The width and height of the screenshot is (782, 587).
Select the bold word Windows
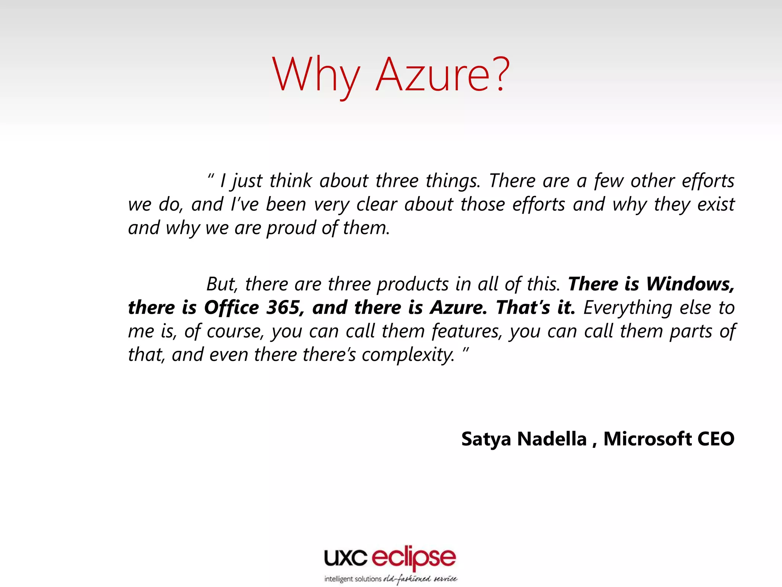(x=690, y=284)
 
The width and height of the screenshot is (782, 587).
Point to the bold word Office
(x=231, y=308)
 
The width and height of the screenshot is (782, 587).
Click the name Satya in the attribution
(x=486, y=439)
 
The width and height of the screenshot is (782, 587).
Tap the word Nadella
(x=552, y=439)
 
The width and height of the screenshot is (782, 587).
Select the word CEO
(x=716, y=439)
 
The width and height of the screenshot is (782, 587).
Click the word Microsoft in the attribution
(x=647, y=439)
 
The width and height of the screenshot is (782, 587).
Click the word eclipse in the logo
(x=414, y=559)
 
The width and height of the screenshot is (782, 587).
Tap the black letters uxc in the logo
(x=346, y=558)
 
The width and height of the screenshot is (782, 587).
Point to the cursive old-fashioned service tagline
(x=420, y=579)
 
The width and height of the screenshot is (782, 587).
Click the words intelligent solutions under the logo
(x=352, y=579)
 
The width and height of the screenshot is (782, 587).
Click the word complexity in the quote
(x=408, y=355)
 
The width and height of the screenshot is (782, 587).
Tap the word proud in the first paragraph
(x=290, y=228)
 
